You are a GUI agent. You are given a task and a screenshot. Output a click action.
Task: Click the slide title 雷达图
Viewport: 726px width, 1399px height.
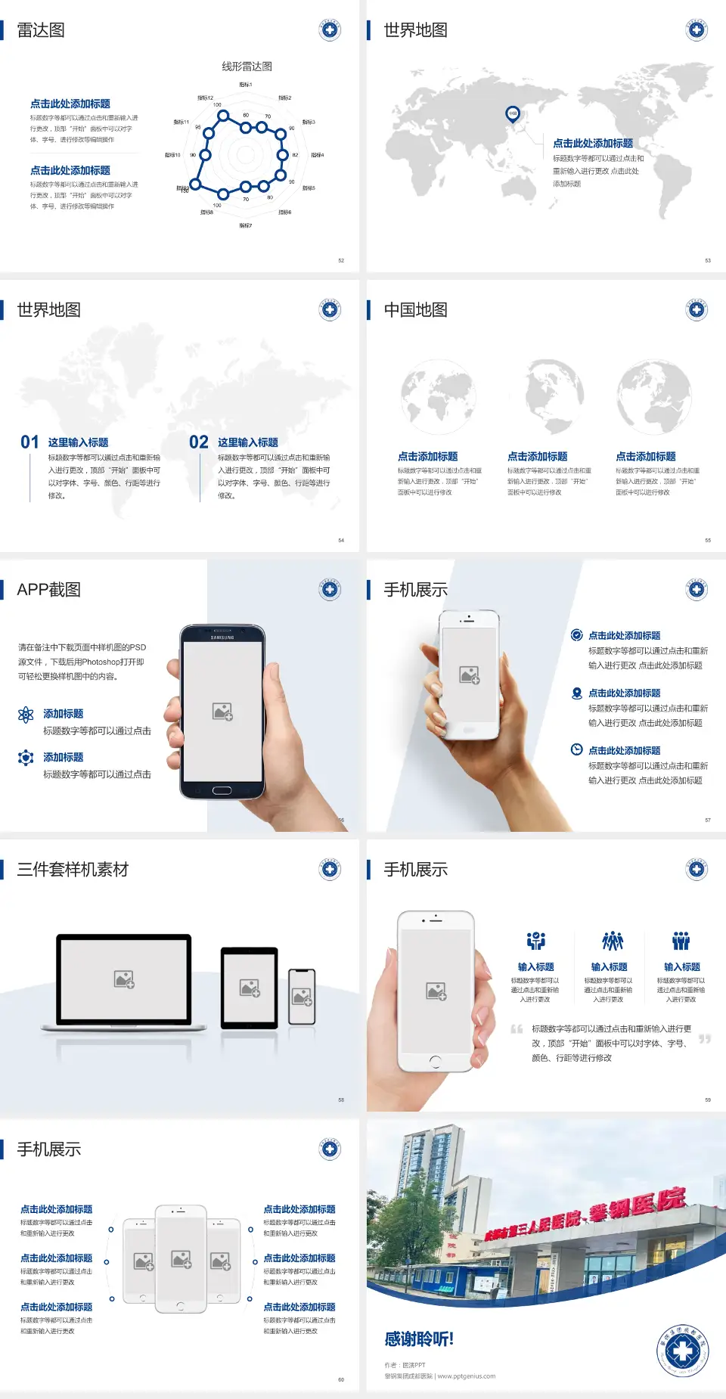[41, 30]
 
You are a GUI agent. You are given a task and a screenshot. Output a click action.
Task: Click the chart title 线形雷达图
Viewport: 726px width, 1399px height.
[247, 67]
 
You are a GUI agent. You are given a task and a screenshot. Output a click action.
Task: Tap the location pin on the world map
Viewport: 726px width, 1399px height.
[513, 113]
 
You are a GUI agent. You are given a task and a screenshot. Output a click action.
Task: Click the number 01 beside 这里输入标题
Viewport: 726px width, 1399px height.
[29, 442]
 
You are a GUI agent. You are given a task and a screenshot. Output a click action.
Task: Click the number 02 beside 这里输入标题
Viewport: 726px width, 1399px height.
[199, 442]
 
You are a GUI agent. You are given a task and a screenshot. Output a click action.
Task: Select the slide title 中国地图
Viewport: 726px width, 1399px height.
[415, 310]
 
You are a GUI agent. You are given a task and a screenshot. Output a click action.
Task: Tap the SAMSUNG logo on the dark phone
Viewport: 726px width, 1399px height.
[222, 637]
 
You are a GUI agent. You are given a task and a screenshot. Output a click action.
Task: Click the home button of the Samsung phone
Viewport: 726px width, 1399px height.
[222, 790]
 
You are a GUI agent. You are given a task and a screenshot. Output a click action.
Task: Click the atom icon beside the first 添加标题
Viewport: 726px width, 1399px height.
[26, 715]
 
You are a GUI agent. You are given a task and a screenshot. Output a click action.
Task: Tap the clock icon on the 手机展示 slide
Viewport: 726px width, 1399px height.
[576, 749]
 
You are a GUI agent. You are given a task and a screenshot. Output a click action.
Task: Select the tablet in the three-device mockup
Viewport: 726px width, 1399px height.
[249, 988]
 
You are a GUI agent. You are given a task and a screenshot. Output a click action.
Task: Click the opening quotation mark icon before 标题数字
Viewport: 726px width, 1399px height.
[517, 1029]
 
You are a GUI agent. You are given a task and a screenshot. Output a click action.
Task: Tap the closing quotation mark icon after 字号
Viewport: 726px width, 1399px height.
[705, 1039]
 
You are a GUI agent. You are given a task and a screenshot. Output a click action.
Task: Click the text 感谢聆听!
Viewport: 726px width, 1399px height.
[419, 1339]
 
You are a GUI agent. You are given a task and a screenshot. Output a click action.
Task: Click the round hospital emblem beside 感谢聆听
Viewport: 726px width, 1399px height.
[683, 1350]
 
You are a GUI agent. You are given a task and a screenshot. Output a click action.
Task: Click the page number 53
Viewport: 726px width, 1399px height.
[708, 260]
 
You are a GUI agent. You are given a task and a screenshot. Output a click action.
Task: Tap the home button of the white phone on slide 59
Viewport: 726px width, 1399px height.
[435, 1062]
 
